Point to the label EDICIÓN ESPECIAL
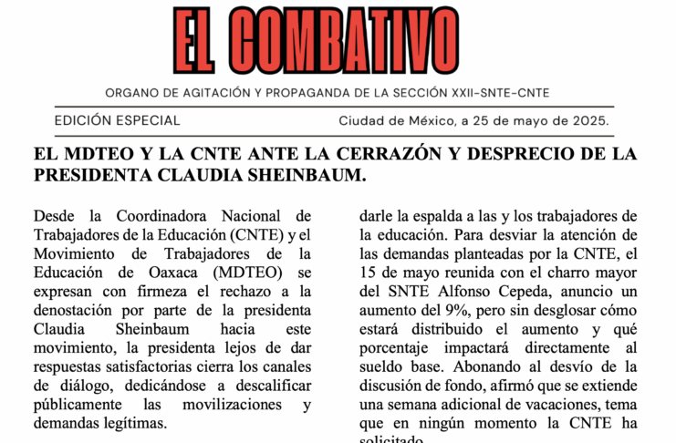[x=118, y=120]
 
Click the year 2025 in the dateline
[x=588, y=120]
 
